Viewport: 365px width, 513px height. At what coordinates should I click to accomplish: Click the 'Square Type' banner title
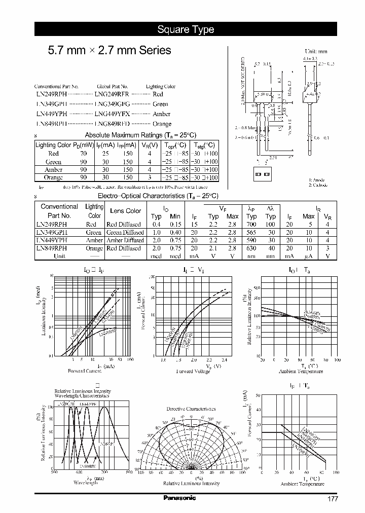(186, 29)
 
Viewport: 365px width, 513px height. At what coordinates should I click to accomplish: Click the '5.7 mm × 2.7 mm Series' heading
(109, 51)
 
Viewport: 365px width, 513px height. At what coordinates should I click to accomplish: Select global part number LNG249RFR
(112, 94)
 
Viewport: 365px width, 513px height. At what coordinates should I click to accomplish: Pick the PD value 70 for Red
(83, 153)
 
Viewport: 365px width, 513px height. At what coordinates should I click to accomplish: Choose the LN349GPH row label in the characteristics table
(52, 232)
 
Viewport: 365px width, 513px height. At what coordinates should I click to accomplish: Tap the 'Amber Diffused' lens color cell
(124, 240)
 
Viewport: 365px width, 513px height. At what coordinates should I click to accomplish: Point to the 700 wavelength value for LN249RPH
(252, 224)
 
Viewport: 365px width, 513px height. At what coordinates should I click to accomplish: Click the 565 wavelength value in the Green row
(252, 232)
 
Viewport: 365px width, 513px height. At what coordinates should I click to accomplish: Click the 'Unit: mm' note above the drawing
(316, 52)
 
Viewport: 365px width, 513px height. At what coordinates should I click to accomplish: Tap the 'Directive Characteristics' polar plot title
(191, 409)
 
